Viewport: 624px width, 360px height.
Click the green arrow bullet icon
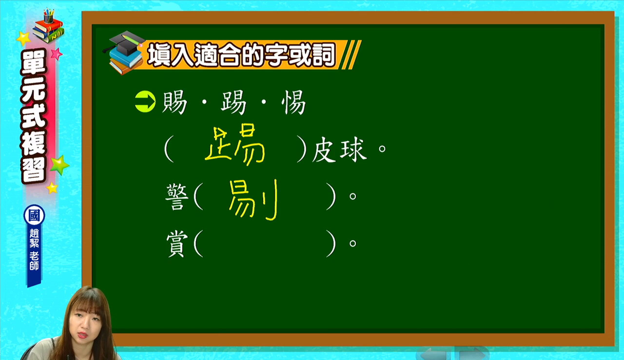[145, 101]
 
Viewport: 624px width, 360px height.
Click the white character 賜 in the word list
[175, 102]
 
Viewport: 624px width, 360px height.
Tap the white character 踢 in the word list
[234, 102]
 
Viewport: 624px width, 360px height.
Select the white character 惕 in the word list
[293, 102]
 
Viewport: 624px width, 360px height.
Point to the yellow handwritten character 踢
[234, 145]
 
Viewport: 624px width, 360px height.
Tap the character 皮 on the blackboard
[324, 150]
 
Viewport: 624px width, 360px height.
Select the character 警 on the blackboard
[177, 197]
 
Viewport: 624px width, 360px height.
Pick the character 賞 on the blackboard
[177, 244]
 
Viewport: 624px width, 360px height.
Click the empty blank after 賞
[265, 244]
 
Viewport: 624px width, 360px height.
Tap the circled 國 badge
[34, 216]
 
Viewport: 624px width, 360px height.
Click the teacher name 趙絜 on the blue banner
[34, 238]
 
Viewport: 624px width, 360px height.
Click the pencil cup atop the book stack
[48, 16]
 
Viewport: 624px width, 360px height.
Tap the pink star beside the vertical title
[57, 54]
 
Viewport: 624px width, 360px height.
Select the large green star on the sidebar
[59, 165]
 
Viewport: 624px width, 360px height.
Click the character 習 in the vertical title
[34, 171]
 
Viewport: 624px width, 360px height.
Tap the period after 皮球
[382, 148]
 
